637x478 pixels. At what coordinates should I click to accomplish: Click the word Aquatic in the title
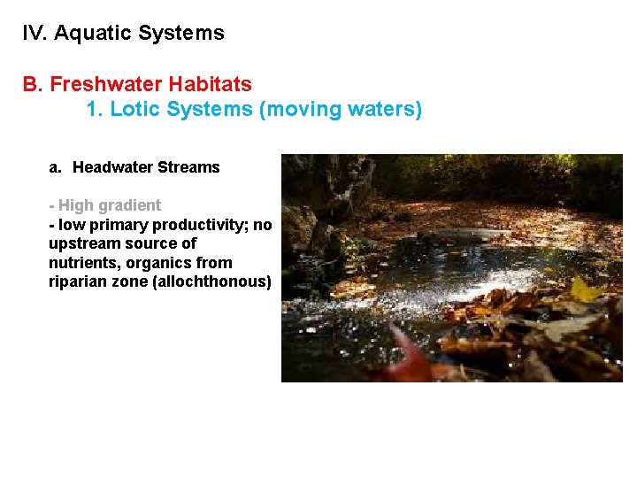click(x=91, y=34)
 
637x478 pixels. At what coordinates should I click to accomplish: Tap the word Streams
click(x=189, y=167)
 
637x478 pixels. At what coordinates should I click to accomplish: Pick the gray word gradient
click(x=131, y=205)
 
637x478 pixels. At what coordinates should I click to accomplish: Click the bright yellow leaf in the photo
click(x=585, y=289)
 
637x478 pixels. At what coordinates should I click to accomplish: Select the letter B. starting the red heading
click(x=33, y=84)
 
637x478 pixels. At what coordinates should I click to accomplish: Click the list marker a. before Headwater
click(x=55, y=167)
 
